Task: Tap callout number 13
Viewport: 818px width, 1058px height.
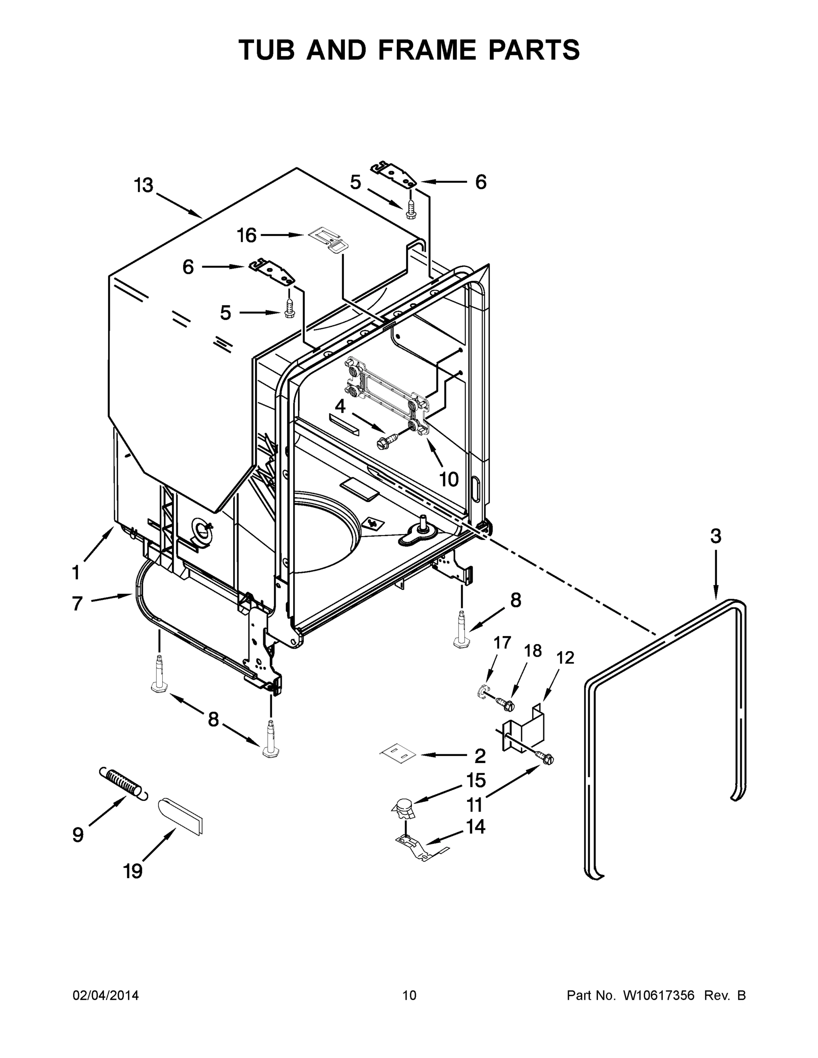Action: click(x=143, y=186)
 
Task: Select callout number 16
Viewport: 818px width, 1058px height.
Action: click(x=246, y=236)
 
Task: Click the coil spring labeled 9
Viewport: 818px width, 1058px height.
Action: click(x=123, y=782)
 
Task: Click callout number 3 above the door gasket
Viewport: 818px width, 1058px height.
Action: click(x=715, y=536)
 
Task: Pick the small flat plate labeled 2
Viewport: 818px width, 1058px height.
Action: click(x=397, y=755)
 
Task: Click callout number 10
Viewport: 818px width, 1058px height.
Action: click(x=449, y=480)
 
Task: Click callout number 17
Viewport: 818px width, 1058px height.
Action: click(x=502, y=643)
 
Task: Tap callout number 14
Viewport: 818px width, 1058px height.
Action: click(x=475, y=827)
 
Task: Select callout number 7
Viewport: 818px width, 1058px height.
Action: click(x=78, y=604)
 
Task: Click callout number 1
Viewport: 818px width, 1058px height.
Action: click(x=76, y=573)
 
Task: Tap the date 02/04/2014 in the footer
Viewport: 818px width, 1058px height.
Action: click(x=106, y=995)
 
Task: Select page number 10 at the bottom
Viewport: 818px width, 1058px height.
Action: click(x=409, y=995)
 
